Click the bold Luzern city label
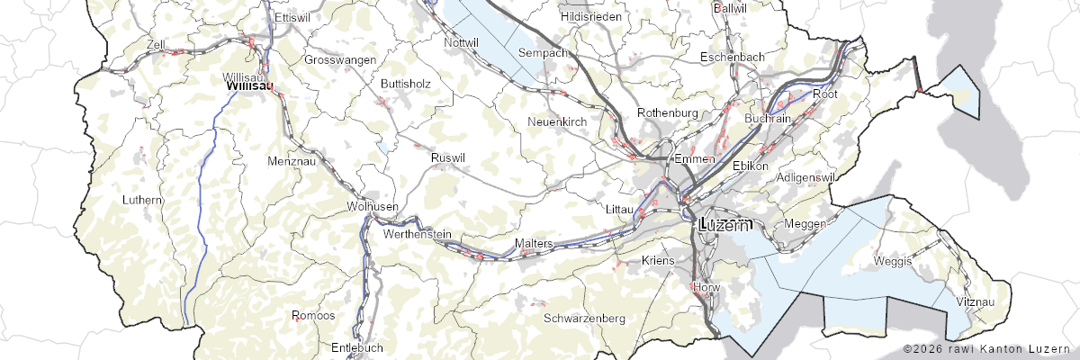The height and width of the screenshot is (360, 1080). [724, 225]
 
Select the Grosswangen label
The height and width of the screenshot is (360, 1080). [340, 59]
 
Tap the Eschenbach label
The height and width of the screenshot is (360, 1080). [733, 58]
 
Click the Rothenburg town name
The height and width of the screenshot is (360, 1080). [668, 112]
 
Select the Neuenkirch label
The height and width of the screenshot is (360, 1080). [557, 121]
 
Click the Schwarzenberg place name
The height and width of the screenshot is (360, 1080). [585, 319]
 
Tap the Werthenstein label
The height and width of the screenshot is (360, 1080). [417, 234]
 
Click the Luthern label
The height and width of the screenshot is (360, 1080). [144, 199]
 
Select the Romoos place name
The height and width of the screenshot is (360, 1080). [314, 316]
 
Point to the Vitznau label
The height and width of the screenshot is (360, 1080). [977, 301]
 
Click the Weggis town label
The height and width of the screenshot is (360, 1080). [892, 261]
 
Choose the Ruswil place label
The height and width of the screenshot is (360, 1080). [448, 157]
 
